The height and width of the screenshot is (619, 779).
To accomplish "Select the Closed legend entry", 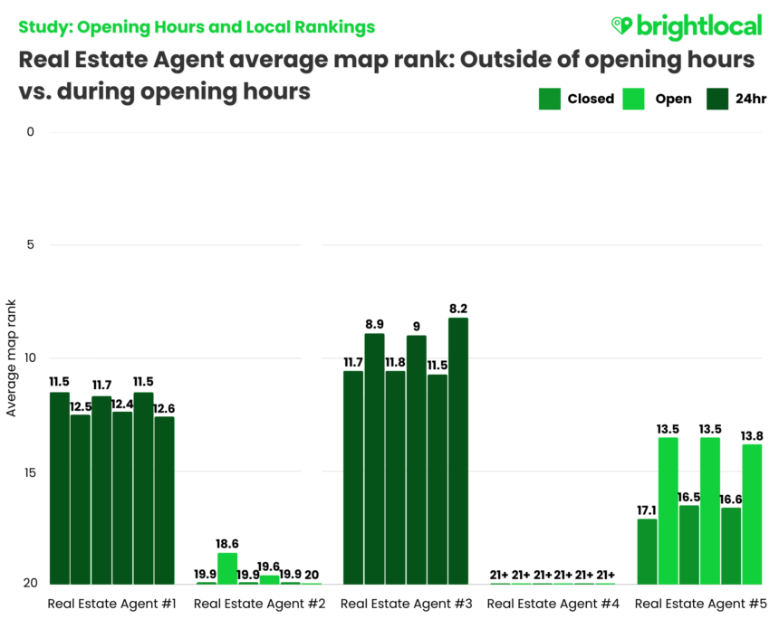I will coord(577,99).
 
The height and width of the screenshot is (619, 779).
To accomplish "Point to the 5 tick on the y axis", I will coord(30,244).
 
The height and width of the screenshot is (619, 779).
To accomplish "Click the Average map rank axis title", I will coord(11,358).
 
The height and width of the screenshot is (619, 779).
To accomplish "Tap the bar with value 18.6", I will coord(227,568).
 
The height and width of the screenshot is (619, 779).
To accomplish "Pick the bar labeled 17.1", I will coord(647,551).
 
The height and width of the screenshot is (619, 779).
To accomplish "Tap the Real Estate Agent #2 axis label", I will coord(249,604).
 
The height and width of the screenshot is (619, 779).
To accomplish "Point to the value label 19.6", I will coord(269,567).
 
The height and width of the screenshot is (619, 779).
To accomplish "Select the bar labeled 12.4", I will coord(122,498).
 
